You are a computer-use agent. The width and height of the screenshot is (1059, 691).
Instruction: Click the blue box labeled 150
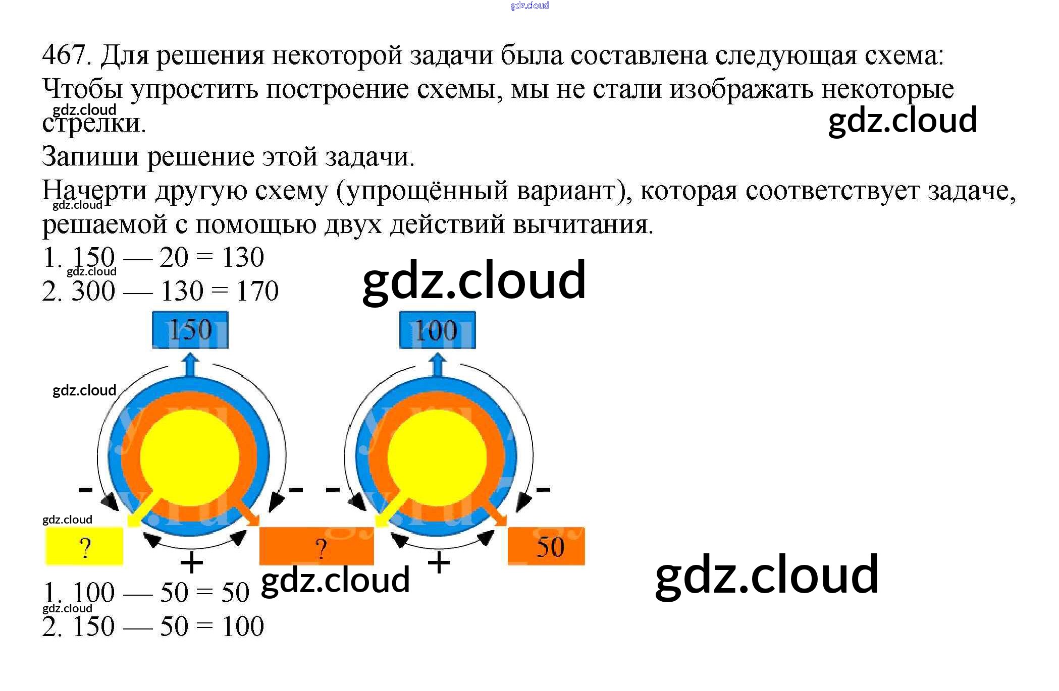coord(190,330)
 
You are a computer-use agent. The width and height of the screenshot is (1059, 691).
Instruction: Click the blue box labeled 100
coord(437,330)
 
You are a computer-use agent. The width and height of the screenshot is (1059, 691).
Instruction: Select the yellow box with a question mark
coord(84,546)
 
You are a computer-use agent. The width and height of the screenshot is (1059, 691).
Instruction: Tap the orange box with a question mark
coord(316,546)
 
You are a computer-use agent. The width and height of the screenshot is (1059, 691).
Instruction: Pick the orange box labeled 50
coord(546,546)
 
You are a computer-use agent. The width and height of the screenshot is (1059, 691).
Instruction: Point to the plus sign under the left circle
coord(192,562)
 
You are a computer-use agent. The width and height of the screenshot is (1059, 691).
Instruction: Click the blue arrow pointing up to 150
coord(190,365)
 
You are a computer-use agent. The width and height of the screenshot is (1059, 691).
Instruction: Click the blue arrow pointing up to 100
coord(438,365)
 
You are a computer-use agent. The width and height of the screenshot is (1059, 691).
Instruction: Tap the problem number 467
coord(65,54)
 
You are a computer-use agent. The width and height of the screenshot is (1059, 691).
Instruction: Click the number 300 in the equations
coord(93,291)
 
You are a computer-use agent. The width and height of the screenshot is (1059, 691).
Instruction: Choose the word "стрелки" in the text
coord(93,124)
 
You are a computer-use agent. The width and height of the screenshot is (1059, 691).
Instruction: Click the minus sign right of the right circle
coord(543,489)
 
